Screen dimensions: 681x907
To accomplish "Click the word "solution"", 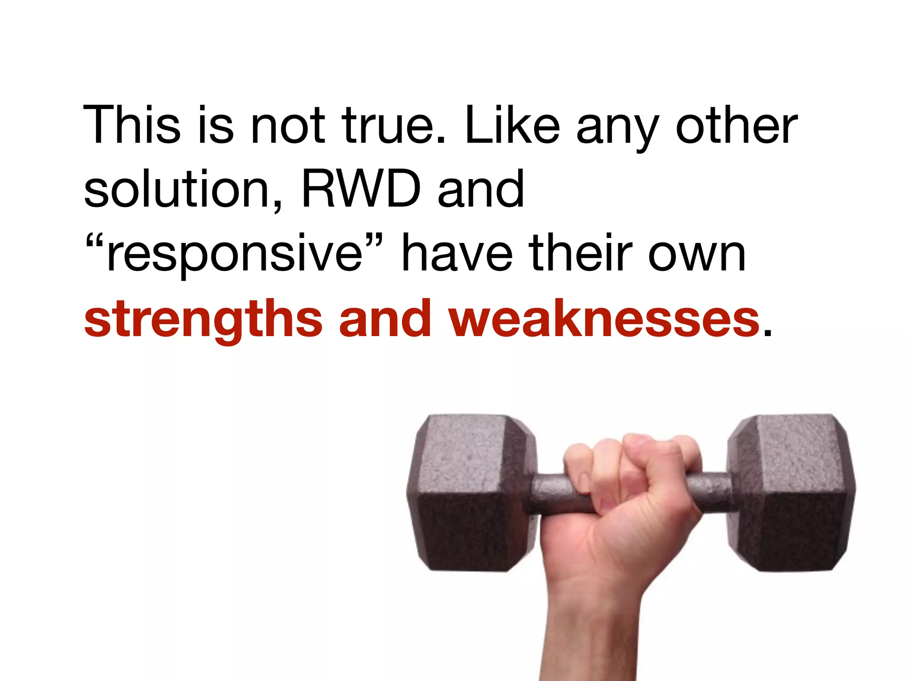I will tap(177, 189).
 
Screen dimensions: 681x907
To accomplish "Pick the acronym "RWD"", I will tap(361, 189).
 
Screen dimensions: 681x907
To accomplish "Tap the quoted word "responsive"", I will tap(234, 254).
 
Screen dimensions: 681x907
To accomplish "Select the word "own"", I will tap(697, 254).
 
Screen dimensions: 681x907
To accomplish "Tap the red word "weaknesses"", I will tap(605, 318).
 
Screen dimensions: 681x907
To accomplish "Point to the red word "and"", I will tap(385, 318).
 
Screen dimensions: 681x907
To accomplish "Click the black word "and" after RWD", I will tap(481, 189).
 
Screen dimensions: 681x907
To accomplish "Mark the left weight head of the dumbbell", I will tap(469, 492).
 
